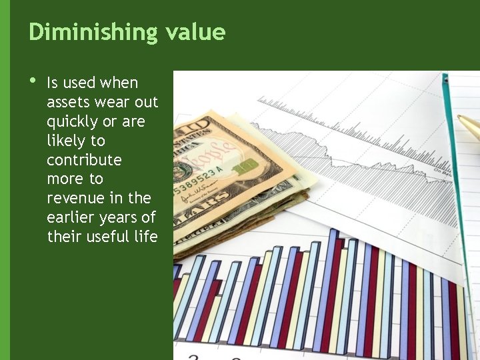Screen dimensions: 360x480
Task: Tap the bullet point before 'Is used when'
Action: (32, 82)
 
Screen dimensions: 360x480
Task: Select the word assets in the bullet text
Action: (69, 103)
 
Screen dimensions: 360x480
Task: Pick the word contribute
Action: (84, 160)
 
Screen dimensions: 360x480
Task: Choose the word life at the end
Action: (145, 237)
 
